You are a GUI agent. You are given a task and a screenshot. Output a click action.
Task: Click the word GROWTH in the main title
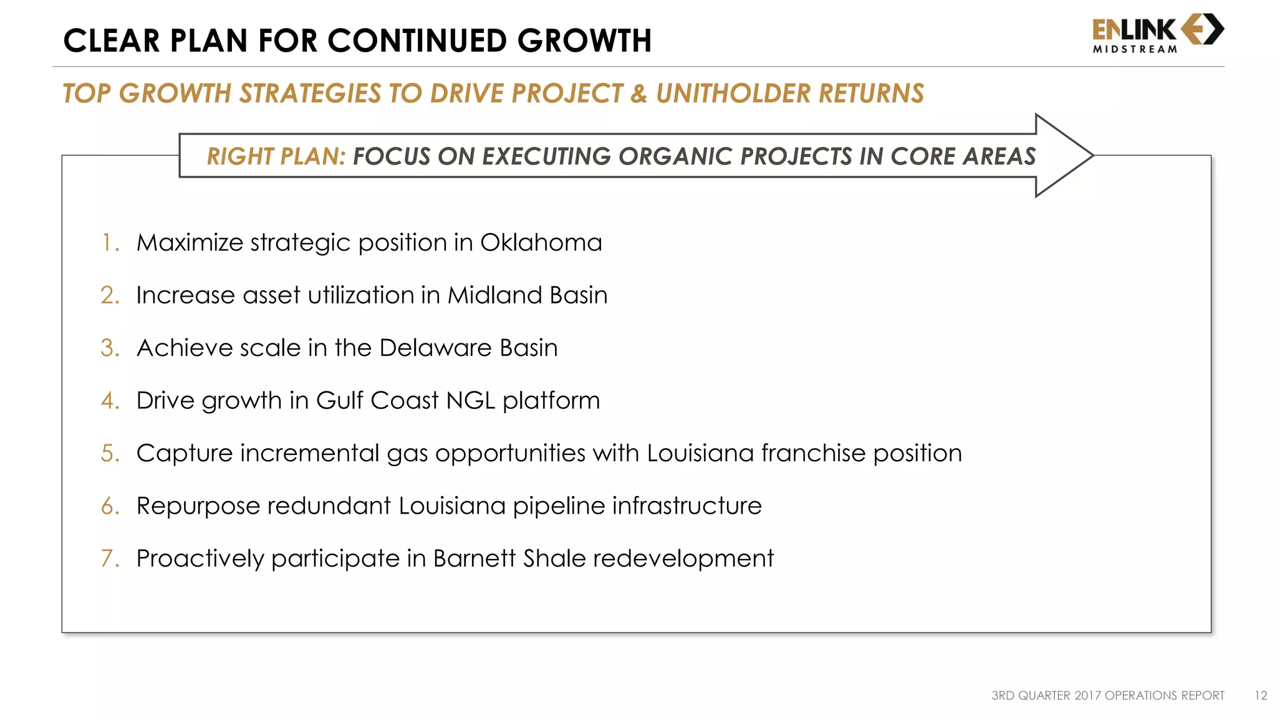click(584, 41)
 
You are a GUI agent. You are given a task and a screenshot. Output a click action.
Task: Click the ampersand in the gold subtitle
click(638, 93)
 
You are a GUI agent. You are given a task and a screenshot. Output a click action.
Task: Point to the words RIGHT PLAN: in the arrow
click(276, 156)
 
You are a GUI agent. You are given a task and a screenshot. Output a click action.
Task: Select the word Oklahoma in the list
click(541, 242)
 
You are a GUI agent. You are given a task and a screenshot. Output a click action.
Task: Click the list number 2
click(109, 295)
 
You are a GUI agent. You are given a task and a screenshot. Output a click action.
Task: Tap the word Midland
click(494, 295)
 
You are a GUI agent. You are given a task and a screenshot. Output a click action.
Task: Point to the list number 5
click(109, 453)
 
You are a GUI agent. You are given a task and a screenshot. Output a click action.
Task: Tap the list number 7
click(109, 558)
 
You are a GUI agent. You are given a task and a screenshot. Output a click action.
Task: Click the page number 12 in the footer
click(1260, 696)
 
